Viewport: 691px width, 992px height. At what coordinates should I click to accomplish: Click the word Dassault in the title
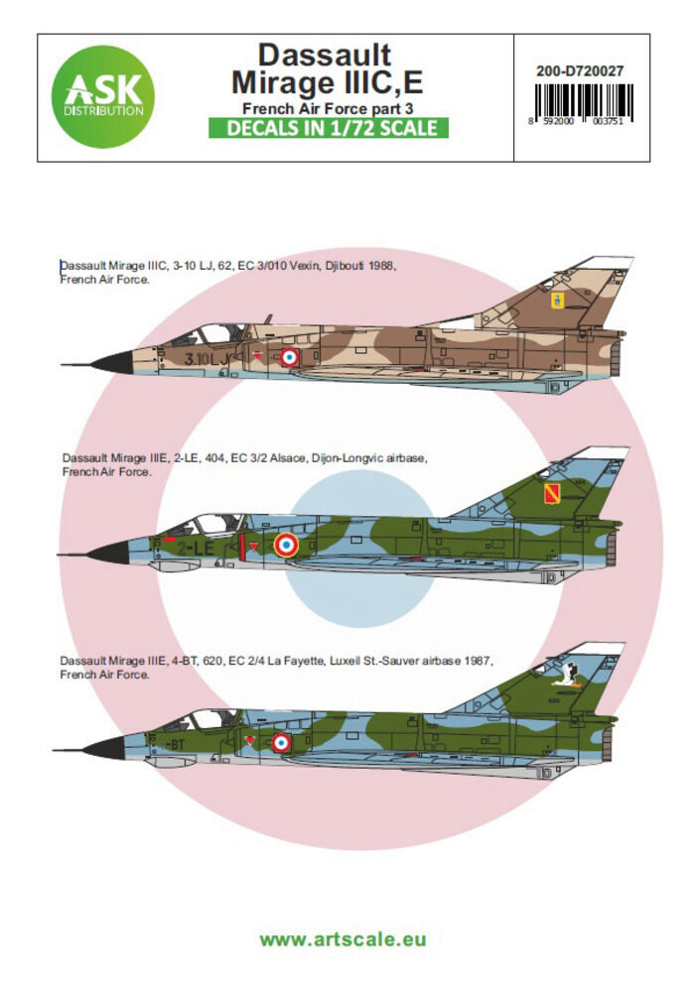point(325,54)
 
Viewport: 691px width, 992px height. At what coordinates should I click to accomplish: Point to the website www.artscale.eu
point(343,938)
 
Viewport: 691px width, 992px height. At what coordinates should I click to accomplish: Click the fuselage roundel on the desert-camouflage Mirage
point(289,356)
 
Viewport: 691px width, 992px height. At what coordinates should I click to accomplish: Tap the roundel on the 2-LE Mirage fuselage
point(285,544)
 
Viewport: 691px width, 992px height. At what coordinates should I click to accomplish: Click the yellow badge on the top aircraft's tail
point(552,298)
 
